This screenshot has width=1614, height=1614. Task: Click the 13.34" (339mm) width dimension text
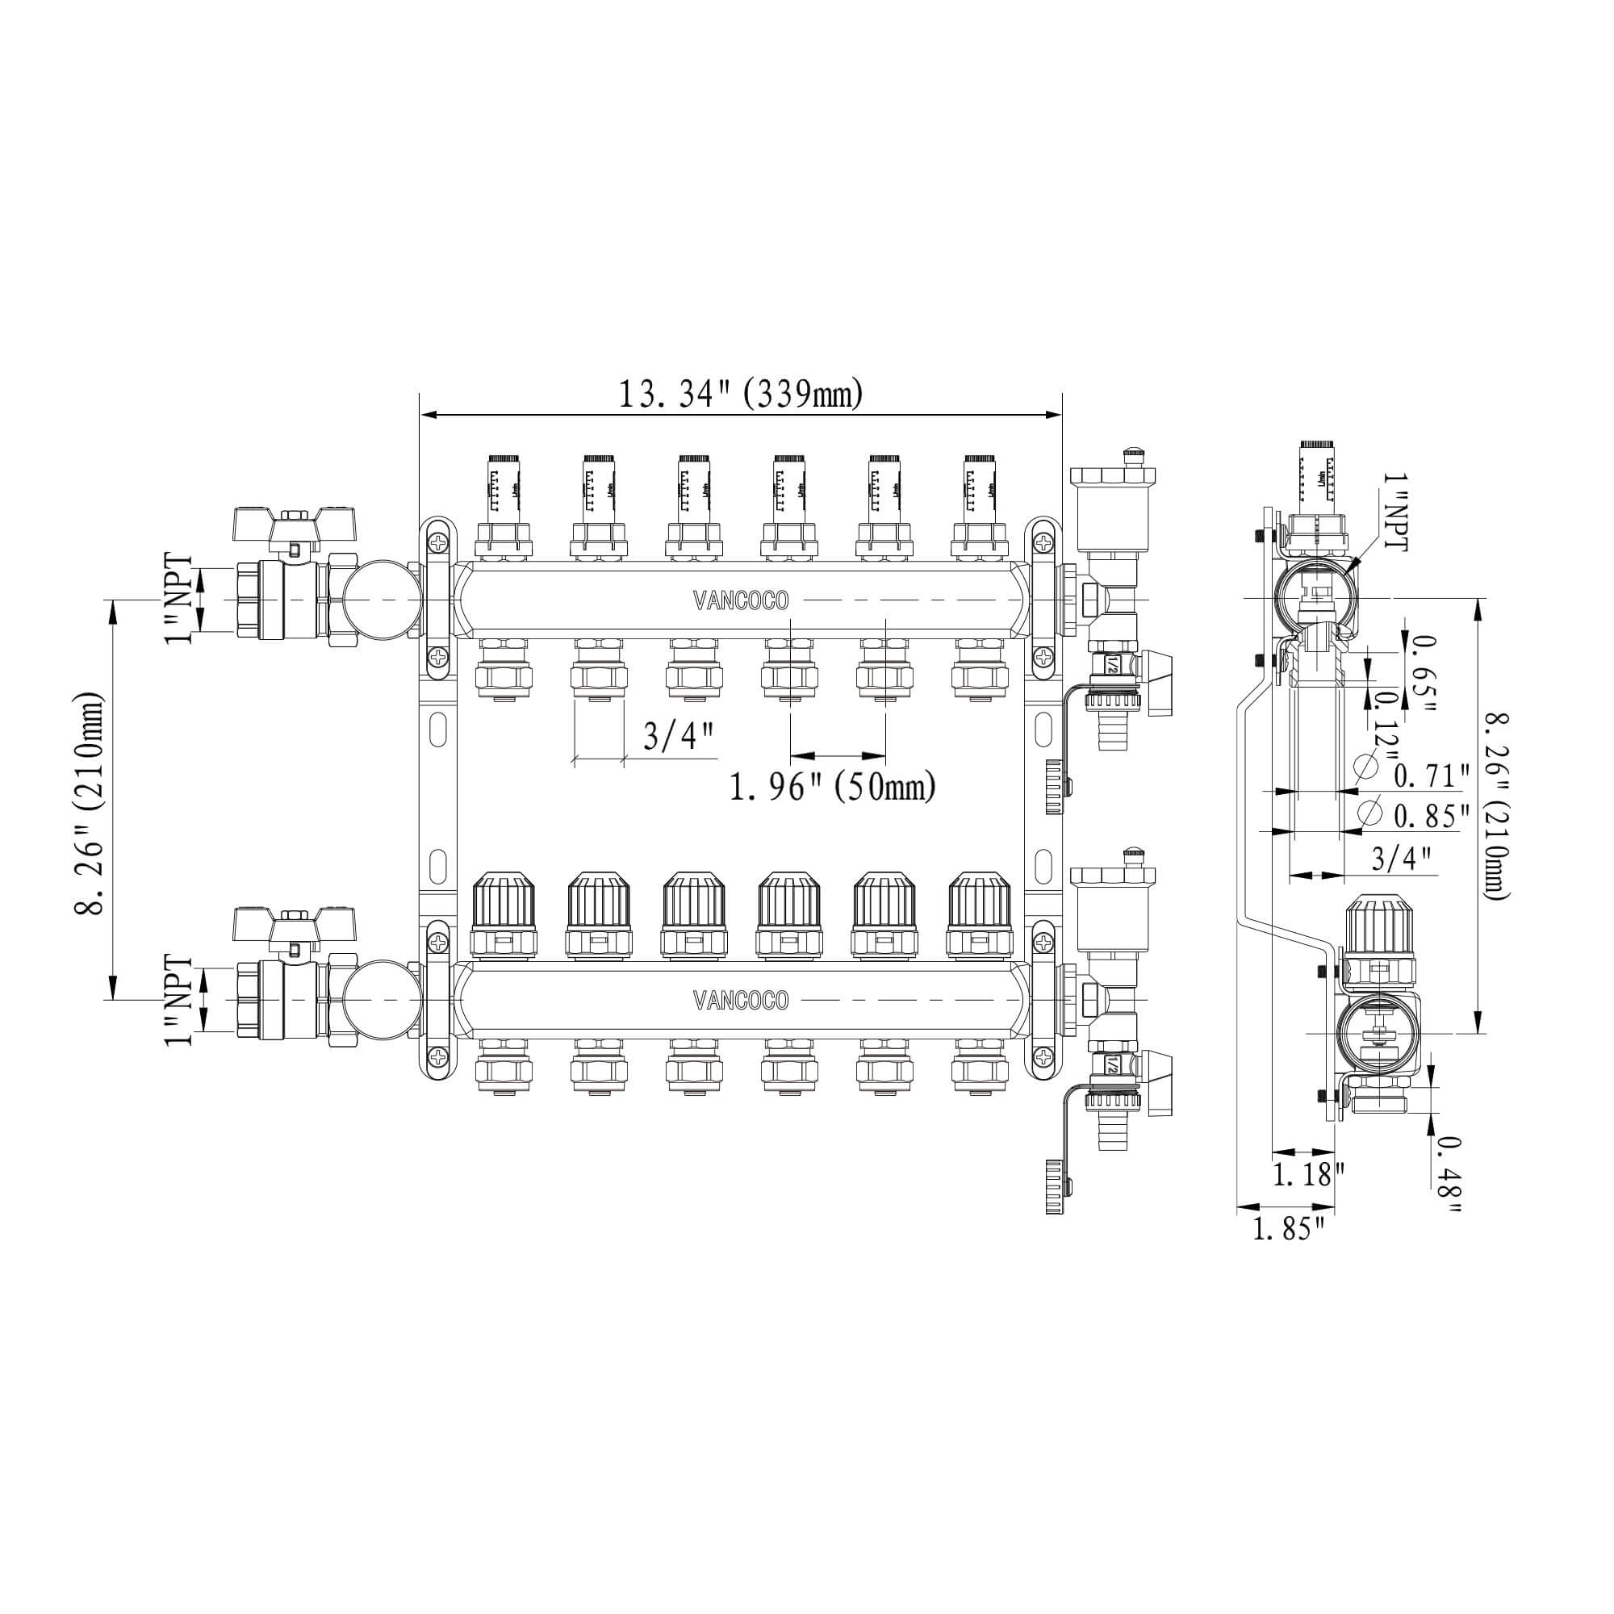coord(739,395)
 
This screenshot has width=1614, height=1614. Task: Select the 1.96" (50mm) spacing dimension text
coord(832,787)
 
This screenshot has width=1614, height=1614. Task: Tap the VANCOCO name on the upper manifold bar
coord(740,600)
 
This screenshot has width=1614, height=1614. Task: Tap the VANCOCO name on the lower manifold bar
coord(740,1000)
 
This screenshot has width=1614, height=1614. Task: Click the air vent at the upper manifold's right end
coord(1112,505)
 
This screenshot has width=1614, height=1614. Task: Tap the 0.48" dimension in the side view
coord(1449,1176)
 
